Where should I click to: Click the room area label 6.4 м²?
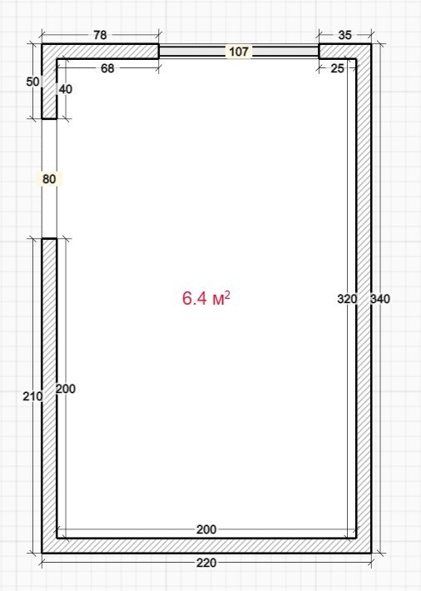tap(206, 298)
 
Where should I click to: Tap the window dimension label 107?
tap(239, 52)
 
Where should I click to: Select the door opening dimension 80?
tap(49, 179)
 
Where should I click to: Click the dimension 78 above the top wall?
tap(100, 35)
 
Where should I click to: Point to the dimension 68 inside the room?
tap(107, 68)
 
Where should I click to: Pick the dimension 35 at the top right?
tap(344, 35)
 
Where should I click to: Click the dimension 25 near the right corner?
tap(337, 68)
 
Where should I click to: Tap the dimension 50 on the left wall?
tap(32, 82)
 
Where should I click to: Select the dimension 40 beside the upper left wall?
tap(66, 89)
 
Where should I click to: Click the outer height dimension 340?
tap(380, 299)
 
